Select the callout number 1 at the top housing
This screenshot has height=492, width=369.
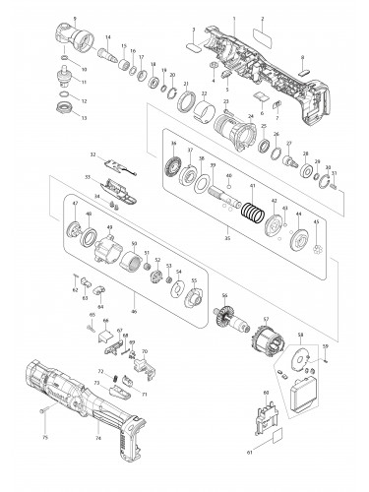[234, 19]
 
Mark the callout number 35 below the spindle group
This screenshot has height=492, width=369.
[229, 237]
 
